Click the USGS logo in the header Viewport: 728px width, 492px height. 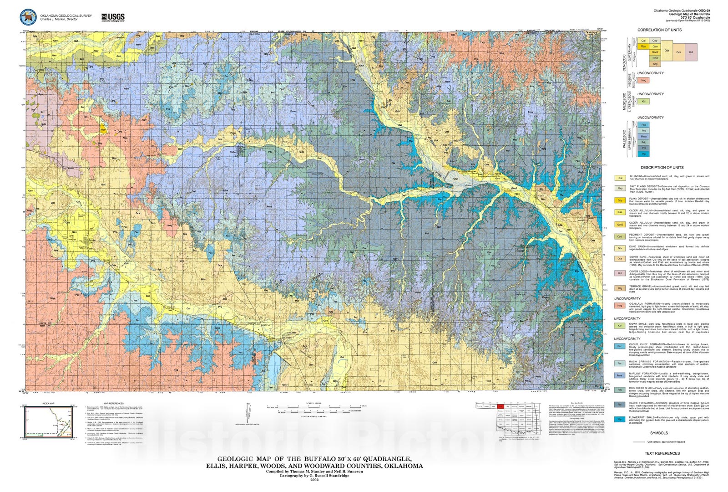point(113,17)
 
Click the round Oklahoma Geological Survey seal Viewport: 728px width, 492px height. point(28,17)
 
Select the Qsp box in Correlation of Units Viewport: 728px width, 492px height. point(655,41)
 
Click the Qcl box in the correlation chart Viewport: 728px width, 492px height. point(691,52)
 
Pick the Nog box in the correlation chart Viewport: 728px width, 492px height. point(643,80)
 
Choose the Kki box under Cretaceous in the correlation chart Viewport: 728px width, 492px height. point(643,102)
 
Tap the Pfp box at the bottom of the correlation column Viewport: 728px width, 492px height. point(643,154)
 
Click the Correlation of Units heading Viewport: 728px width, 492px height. point(659,30)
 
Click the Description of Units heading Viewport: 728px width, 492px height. point(662,168)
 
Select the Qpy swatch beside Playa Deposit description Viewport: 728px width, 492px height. point(620,200)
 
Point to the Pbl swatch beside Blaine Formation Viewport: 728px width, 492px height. point(620,405)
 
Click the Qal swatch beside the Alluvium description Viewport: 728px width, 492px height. point(620,178)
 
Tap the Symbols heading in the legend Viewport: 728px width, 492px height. point(659,433)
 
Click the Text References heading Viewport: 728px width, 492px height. point(662,453)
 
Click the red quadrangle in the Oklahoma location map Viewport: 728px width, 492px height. point(500,406)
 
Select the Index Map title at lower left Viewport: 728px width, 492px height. point(48,403)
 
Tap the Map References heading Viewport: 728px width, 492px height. point(113,403)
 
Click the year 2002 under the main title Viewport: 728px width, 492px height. point(314,480)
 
